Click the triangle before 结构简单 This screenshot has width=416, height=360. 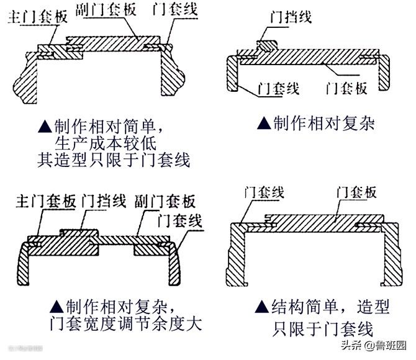[262, 307]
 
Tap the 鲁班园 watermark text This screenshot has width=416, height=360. [389, 344]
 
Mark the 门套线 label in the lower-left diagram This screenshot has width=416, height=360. [180, 219]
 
